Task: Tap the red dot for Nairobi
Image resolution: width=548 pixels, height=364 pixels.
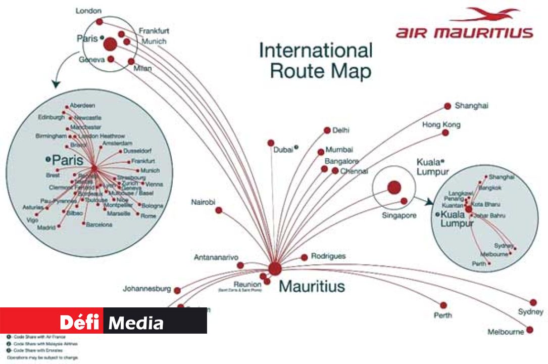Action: pyautogui.click(x=219, y=210)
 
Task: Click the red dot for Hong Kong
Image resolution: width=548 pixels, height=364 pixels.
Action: pyautogui.click(x=445, y=133)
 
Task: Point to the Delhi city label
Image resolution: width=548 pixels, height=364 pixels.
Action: pyautogui.click(x=341, y=130)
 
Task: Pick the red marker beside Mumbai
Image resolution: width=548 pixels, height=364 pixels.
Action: pyautogui.click(x=321, y=152)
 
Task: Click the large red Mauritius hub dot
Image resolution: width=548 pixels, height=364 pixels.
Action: pyautogui.click(x=275, y=268)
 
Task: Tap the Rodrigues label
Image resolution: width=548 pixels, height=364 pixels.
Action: pyautogui.click(x=328, y=256)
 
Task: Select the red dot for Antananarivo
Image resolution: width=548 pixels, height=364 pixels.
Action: pyautogui.click(x=240, y=265)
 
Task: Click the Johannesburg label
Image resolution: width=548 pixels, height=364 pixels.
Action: pyautogui.click(x=146, y=290)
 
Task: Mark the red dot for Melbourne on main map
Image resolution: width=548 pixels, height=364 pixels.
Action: pyautogui.click(x=529, y=330)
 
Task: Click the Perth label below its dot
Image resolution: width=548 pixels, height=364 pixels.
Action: pyautogui.click(x=443, y=315)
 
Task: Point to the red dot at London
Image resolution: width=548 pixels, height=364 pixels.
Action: pyautogui.click(x=99, y=22)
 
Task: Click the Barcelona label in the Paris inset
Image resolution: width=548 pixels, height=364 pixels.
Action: pyautogui.click(x=99, y=224)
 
